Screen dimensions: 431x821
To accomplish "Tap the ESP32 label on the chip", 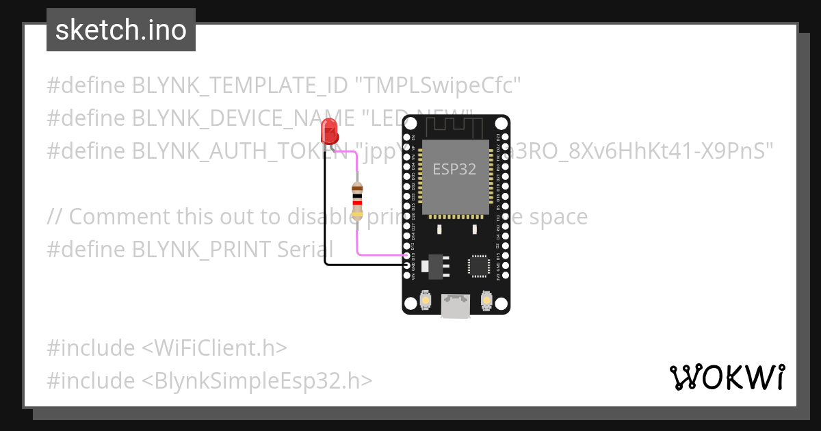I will [454, 169].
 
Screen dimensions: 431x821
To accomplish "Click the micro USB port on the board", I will [456, 306].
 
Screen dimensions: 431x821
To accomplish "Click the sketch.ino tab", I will [121, 30].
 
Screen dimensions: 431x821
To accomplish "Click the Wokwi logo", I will [727, 377].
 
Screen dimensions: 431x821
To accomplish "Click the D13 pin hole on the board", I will [408, 255].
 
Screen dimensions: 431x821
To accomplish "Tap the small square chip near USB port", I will [478, 266].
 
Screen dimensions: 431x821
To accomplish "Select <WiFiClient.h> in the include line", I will [213, 348].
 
